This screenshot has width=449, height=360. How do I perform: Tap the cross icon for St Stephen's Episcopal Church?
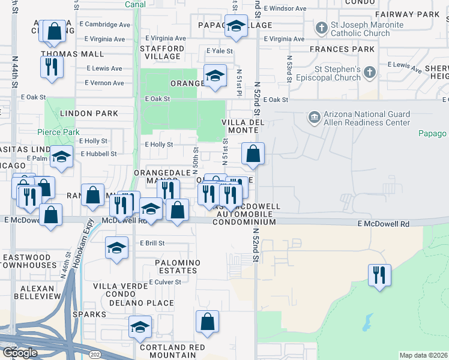(370, 73)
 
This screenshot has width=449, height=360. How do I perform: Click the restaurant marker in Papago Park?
(379, 275)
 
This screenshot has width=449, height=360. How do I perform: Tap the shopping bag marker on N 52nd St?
(253, 154)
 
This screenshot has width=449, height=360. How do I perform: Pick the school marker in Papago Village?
(236, 27)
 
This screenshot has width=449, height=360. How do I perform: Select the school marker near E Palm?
(61, 157)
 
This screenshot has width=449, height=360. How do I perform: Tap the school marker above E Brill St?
(116, 247)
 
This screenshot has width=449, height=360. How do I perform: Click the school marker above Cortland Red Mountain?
(140, 327)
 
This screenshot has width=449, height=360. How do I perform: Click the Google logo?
(20, 353)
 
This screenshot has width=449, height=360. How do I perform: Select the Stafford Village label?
(162, 52)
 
